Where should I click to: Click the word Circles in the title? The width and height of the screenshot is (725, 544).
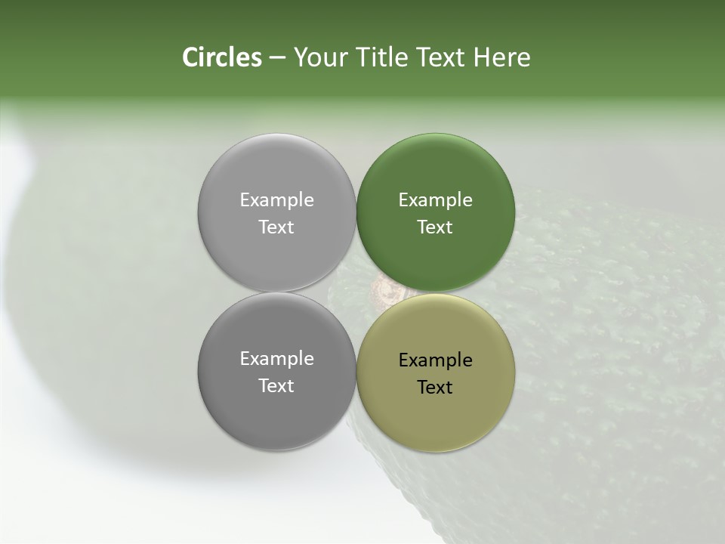tap(221, 57)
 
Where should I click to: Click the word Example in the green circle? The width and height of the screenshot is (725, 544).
tap(435, 200)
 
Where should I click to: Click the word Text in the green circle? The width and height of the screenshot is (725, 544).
tap(435, 227)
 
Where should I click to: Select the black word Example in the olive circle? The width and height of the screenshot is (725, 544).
tap(435, 360)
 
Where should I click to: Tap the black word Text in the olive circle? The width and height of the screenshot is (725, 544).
tap(435, 388)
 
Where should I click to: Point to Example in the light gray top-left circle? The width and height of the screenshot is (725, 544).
tap(276, 200)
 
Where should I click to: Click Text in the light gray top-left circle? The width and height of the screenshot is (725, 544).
tap(276, 227)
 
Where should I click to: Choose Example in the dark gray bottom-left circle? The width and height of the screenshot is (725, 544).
tap(276, 359)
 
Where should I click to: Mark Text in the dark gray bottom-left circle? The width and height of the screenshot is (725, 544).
tap(276, 386)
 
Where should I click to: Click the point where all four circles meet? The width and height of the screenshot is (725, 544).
tap(356, 292)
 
